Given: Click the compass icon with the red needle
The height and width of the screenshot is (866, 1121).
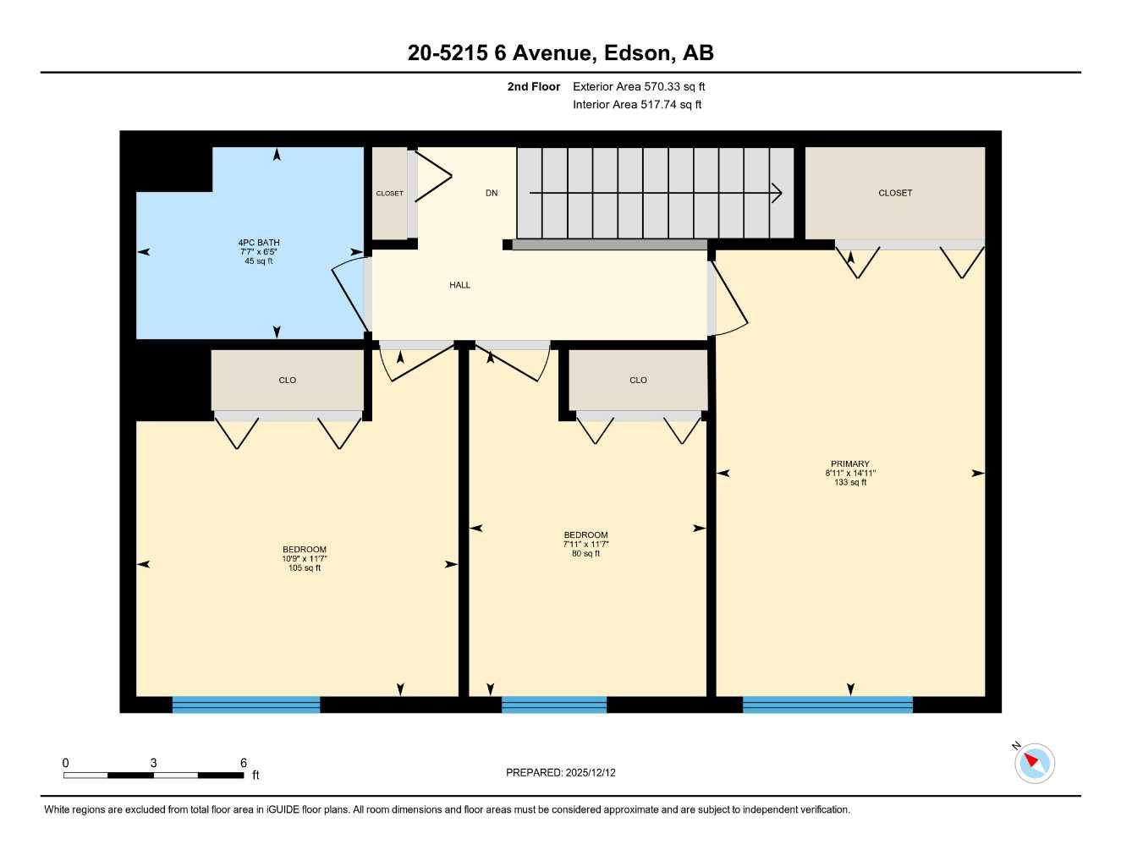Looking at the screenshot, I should pos(1034,763).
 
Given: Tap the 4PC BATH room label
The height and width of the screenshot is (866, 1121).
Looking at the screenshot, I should pos(258,243).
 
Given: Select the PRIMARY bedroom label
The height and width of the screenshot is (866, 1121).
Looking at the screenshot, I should pos(849,463).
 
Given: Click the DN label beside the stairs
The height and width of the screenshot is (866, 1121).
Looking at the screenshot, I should pos(492,194).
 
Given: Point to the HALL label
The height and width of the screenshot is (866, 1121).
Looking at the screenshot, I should pos(459,286).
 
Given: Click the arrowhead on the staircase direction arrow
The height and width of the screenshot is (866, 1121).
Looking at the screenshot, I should pos(777,194).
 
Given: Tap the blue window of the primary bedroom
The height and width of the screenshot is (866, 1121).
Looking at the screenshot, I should pos(827,704).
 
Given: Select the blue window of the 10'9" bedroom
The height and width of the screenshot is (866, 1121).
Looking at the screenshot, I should pos(246,704).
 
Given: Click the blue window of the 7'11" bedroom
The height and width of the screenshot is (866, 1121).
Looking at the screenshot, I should pos(554,704).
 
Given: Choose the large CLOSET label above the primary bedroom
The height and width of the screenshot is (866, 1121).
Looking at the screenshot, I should pos(895,194).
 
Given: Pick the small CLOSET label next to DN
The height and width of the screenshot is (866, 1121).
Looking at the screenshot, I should pos(389,194).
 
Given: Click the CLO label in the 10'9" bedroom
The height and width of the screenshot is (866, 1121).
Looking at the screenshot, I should pos(288,381).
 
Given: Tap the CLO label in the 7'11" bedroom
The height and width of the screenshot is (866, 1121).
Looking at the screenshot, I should pos(638,381).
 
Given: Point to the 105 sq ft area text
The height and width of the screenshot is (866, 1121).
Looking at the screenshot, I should pos(305,568).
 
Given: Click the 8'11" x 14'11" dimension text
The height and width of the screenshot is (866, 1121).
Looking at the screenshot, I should pos(850,474).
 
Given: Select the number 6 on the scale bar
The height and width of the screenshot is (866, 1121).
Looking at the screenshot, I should pos(244,763).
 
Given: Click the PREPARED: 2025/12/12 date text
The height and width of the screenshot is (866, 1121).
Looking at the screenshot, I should pos(561,773).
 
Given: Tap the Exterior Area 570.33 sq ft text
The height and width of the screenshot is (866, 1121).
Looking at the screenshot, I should pos(639,86).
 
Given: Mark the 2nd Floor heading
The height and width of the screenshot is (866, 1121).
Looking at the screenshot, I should pos(534,86).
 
